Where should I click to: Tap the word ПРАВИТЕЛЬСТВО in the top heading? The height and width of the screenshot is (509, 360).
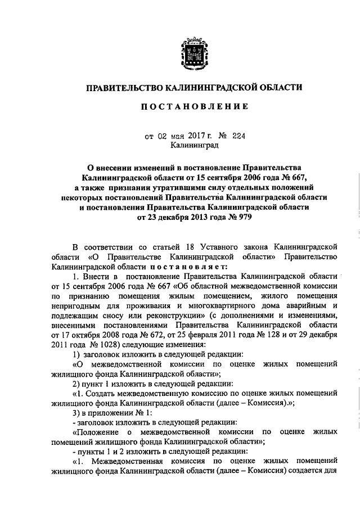coord(124,87)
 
